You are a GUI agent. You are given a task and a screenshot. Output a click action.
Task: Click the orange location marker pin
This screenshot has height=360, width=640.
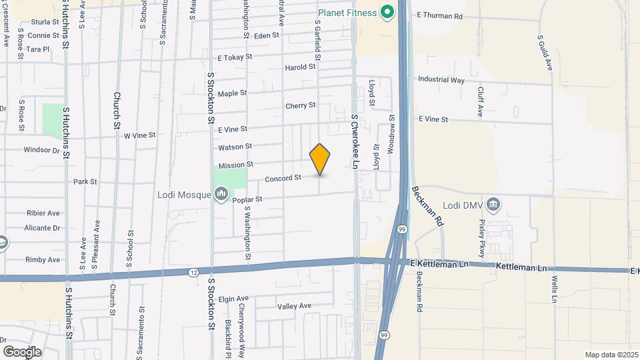click(320, 159)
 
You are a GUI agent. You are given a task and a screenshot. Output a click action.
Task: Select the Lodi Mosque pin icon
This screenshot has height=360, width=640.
click(221, 195)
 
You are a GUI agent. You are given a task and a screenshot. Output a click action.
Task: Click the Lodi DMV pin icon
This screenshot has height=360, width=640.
click(493, 203)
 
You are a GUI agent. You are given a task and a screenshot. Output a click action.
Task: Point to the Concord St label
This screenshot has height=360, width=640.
click(283, 178)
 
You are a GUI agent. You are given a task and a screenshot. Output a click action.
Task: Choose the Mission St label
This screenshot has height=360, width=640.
click(236, 165)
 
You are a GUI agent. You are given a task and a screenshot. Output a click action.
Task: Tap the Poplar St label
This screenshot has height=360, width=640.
click(247, 199)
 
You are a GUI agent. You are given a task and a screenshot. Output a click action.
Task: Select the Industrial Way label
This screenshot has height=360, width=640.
click(441, 79)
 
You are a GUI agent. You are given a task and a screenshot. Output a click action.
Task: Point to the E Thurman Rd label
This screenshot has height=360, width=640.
click(439, 15)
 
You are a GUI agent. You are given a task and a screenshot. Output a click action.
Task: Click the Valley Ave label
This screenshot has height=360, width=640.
click(294, 306)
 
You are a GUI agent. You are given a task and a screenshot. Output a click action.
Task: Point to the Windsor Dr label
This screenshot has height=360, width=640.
click(41, 150)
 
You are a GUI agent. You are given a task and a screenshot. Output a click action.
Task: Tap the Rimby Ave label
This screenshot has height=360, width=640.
click(43, 259)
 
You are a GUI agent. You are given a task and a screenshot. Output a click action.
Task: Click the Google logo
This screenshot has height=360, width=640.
click(22, 351)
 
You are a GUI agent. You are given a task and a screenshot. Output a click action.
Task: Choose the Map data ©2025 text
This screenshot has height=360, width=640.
click(611, 355)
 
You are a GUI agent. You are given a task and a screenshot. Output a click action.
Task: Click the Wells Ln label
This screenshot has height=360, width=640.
click(554, 287)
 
